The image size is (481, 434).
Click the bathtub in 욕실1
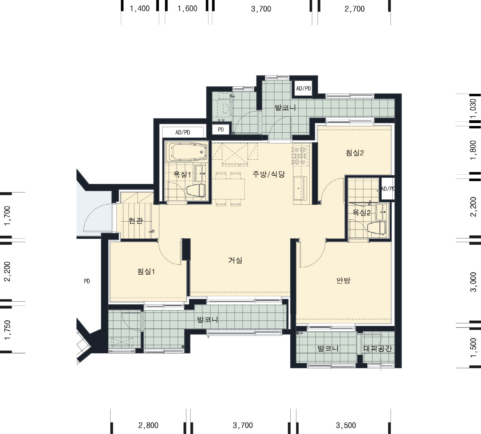(x=186, y=152)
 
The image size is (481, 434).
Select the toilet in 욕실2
(x=377, y=228)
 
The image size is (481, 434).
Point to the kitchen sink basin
(x=298, y=188)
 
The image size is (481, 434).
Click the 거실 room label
(x=235, y=260)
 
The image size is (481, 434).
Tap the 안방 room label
(x=343, y=281)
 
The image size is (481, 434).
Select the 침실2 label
(x=355, y=153)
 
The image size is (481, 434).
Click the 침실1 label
(x=146, y=271)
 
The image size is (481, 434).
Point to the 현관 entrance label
(x=136, y=221)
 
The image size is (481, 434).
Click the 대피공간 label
(x=378, y=349)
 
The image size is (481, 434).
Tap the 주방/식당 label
(x=269, y=174)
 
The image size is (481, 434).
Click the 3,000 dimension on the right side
(x=473, y=282)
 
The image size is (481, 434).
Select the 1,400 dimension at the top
(x=140, y=9)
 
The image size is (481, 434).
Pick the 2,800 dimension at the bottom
(x=148, y=425)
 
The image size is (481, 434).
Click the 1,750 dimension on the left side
(x=8, y=330)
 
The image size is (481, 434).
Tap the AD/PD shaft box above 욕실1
(x=183, y=132)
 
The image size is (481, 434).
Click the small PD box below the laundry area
(x=221, y=130)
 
